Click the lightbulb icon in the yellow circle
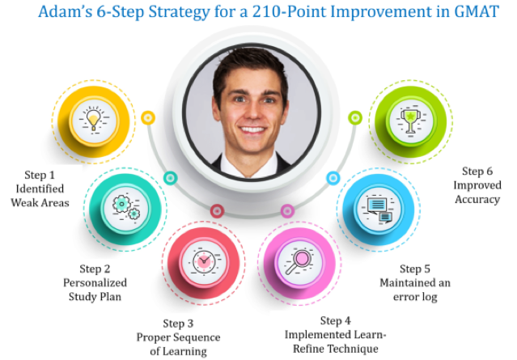(x=94, y=119)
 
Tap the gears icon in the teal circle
(x=126, y=207)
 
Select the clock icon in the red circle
(x=204, y=262)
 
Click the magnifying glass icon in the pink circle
(x=299, y=262)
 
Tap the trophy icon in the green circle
(x=411, y=121)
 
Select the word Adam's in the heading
(x=66, y=12)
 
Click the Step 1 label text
(x=40, y=175)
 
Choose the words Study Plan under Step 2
(x=95, y=297)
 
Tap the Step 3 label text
(x=178, y=324)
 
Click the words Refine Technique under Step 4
(x=336, y=349)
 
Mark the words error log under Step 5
(x=415, y=297)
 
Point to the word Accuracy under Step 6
(x=477, y=200)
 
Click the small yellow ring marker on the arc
(x=148, y=117)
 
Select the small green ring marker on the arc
(x=355, y=117)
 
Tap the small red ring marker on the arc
(x=218, y=210)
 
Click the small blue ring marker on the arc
(x=333, y=178)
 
